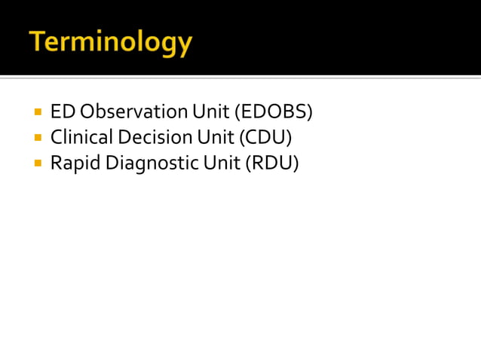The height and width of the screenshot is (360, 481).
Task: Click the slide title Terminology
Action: (x=111, y=42)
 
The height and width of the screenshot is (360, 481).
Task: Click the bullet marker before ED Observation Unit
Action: (x=36, y=113)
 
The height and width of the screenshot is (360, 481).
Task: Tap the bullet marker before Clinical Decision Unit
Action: (x=36, y=138)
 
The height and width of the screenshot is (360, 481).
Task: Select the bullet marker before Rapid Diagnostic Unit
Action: (x=36, y=163)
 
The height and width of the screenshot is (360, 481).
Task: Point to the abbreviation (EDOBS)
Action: (x=273, y=112)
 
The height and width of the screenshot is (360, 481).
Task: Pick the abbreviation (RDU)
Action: (x=271, y=162)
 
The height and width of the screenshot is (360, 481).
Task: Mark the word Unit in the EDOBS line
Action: (x=210, y=112)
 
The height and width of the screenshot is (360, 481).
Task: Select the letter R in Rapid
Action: (x=56, y=163)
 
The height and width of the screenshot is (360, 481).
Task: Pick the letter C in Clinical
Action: (x=57, y=137)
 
